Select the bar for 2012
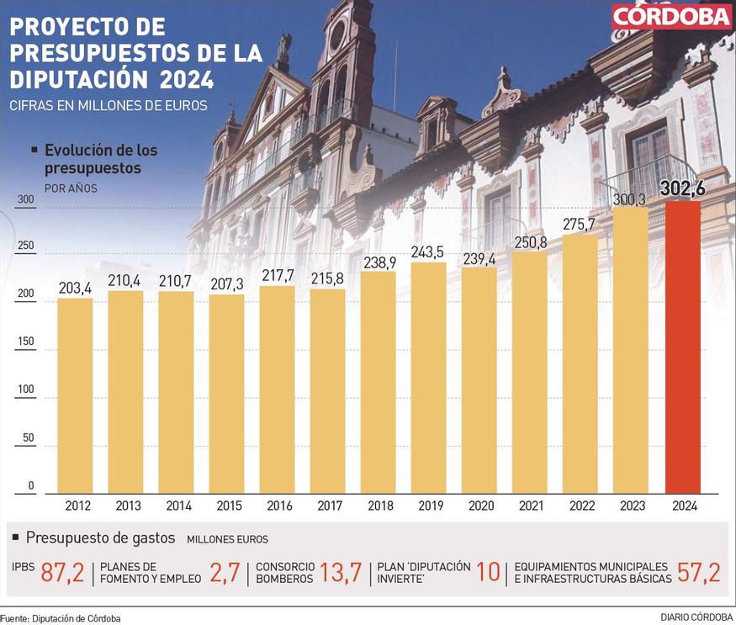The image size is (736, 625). (75, 395)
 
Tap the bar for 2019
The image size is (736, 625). (428, 378)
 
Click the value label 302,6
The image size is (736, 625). (682, 189)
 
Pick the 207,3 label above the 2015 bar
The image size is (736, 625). (226, 284)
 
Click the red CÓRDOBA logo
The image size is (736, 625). (671, 17)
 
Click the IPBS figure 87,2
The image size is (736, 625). (63, 573)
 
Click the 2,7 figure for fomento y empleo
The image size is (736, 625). (225, 573)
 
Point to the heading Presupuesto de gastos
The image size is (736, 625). (100, 537)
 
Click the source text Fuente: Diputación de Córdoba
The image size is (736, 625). (61, 618)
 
